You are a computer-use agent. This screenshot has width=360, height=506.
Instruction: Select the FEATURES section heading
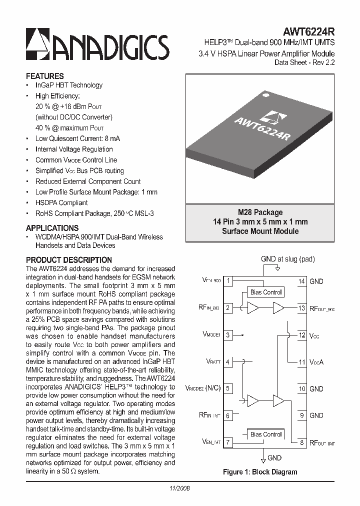pos(44,76)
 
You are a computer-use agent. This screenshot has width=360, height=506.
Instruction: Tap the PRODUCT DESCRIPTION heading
pos(68,260)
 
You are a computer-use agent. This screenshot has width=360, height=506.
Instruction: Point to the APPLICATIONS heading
pos(52,228)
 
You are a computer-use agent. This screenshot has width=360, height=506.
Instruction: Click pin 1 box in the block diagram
pos(228,281)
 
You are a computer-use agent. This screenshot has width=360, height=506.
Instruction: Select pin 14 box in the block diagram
pos(301,281)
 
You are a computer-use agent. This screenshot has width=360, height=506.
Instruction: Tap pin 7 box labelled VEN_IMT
pos(228,442)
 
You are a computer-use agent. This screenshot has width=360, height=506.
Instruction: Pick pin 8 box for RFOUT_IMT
pos(301,442)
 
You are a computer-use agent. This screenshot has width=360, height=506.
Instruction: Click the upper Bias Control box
pos(266,292)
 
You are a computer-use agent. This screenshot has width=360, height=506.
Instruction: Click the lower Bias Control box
pos(266,434)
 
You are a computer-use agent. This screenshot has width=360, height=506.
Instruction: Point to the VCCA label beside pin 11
pos(316,362)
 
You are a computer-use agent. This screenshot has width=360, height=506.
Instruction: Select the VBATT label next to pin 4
pos(213,361)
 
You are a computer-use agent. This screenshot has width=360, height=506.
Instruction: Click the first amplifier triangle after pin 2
pos(253,308)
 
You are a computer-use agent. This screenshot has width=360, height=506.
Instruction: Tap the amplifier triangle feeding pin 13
pos(278,308)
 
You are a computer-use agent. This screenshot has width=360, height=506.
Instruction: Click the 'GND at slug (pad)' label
pos(287,259)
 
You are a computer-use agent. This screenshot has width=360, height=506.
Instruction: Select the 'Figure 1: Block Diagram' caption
pos(259,472)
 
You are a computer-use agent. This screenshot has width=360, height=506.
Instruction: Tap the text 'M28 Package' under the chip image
pos(260,212)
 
